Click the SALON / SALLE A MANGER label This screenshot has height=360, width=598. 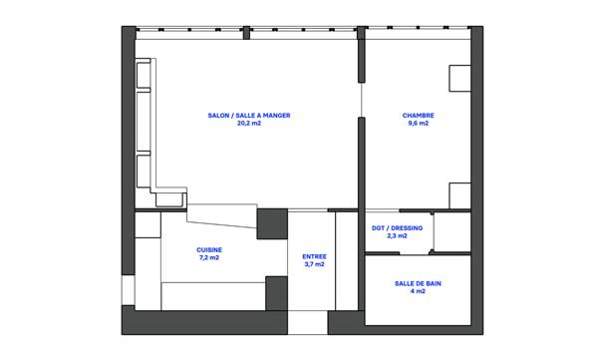(249, 116)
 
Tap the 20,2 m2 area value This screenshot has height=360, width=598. (249, 124)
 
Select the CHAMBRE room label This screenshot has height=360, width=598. (418, 116)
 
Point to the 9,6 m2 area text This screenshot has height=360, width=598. (418, 124)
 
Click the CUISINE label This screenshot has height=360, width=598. (209, 250)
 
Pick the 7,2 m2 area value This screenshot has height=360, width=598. (209, 257)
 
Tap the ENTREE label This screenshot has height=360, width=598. (314, 256)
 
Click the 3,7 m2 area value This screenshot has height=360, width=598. (314, 264)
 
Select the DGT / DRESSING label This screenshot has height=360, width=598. (397, 228)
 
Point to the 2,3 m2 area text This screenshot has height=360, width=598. (397, 236)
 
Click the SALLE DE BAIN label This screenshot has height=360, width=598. (418, 283)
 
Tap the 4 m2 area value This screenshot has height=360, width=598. (418, 291)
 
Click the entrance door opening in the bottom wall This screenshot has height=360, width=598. (307, 322)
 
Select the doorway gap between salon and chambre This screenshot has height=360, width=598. (362, 100)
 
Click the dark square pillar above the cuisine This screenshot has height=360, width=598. (272, 224)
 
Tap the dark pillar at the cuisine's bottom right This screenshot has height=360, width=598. (276, 293)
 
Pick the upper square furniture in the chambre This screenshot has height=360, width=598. (459, 78)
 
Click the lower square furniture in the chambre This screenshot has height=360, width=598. (459, 195)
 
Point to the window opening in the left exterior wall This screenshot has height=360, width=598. (129, 290)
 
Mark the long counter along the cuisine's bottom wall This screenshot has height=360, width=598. (213, 296)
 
